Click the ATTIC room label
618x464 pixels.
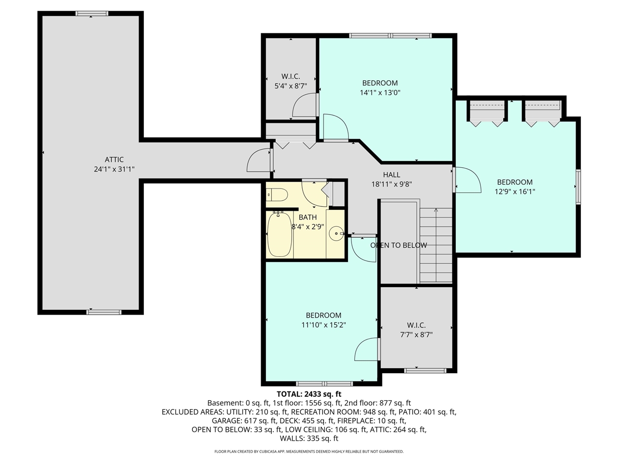(114, 159)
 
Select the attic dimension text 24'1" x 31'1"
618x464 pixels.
(114, 169)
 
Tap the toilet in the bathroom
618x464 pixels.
(278, 195)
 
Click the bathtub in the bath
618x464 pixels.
(279, 234)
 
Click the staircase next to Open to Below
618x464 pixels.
(436, 245)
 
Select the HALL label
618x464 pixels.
(392, 174)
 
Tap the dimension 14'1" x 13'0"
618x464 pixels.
(380, 92)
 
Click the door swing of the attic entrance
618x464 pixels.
(259, 161)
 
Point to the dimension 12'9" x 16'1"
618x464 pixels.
(515, 191)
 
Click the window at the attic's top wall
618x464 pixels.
(92, 14)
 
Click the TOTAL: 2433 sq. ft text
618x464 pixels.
(309, 394)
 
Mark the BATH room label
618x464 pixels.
(308, 217)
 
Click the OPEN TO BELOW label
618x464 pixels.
(398, 245)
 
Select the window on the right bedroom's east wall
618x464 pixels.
(578, 187)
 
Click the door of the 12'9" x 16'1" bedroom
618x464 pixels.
(466, 180)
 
